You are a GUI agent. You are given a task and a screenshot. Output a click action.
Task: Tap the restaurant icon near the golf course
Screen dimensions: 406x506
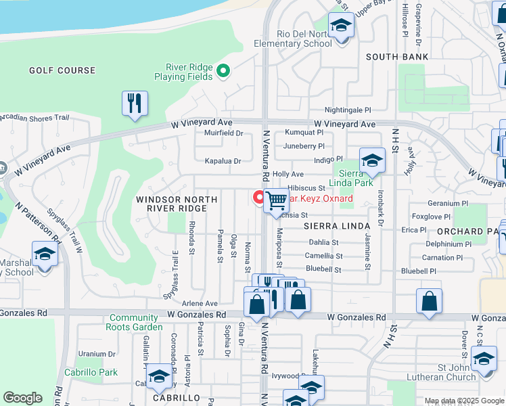[135, 104]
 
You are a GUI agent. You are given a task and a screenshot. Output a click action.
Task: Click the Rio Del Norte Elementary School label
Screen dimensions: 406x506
[293, 39]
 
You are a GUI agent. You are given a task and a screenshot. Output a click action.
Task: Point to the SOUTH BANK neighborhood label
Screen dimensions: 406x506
[397, 57]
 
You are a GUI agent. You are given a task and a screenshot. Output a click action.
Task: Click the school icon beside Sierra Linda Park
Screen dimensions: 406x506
[372, 161]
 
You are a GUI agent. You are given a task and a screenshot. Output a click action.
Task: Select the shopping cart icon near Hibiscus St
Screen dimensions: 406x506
[276, 201]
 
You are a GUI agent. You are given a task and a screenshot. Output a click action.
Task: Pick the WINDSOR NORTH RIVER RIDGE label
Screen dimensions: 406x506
[177, 204]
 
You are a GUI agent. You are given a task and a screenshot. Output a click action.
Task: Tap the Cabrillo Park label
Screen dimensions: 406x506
[91, 372]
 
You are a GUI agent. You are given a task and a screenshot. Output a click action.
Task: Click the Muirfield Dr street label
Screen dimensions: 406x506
[223, 133]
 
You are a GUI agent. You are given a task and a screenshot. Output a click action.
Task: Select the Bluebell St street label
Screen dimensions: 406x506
[323, 269]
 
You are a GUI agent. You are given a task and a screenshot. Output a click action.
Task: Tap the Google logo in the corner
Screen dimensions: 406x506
[23, 398]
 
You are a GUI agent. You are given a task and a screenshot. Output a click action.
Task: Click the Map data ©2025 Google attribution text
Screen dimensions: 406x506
[463, 401]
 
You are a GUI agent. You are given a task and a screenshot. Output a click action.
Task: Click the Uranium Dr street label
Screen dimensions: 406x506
[97, 353]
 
